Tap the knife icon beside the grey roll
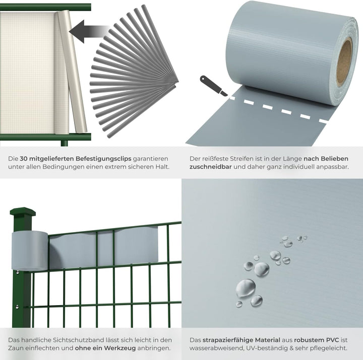(x=213, y=86)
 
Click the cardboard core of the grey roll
(x=344, y=61)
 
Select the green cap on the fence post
(x=23, y=211)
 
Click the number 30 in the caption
(x=24, y=159)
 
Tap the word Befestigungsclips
(x=103, y=159)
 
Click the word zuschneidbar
(x=210, y=167)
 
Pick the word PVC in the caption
(x=332, y=340)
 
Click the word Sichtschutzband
(x=79, y=340)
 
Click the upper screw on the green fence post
(x=18, y=272)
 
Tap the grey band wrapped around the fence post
(x=30, y=251)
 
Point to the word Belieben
(x=334, y=159)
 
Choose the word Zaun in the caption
(x=16, y=348)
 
